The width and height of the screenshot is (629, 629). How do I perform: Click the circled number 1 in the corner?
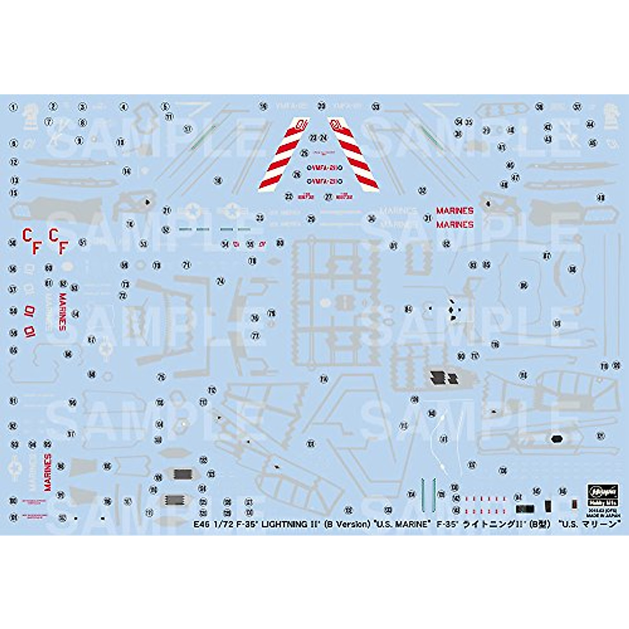point(14,107)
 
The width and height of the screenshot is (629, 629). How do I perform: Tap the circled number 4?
point(124,107)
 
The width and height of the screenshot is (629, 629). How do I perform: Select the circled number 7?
point(49,122)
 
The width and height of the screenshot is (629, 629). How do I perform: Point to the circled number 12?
point(14,162)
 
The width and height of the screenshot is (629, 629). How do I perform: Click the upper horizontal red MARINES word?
point(455,211)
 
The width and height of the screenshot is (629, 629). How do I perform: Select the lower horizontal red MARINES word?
point(455,224)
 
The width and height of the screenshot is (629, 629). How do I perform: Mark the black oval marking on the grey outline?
point(556,439)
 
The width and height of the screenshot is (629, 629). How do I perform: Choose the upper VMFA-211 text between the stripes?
point(324,168)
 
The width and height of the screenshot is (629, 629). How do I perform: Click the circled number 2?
point(52,106)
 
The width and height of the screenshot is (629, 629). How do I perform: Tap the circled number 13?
point(14,180)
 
